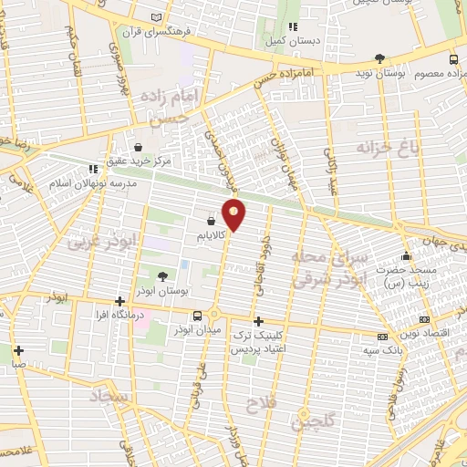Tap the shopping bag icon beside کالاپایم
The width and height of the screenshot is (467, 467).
[212, 220]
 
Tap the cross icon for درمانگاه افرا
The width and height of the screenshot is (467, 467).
[119, 300]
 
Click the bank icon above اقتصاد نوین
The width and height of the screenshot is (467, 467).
[422, 319]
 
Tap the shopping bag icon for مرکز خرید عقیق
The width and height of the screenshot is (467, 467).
[138, 146]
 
